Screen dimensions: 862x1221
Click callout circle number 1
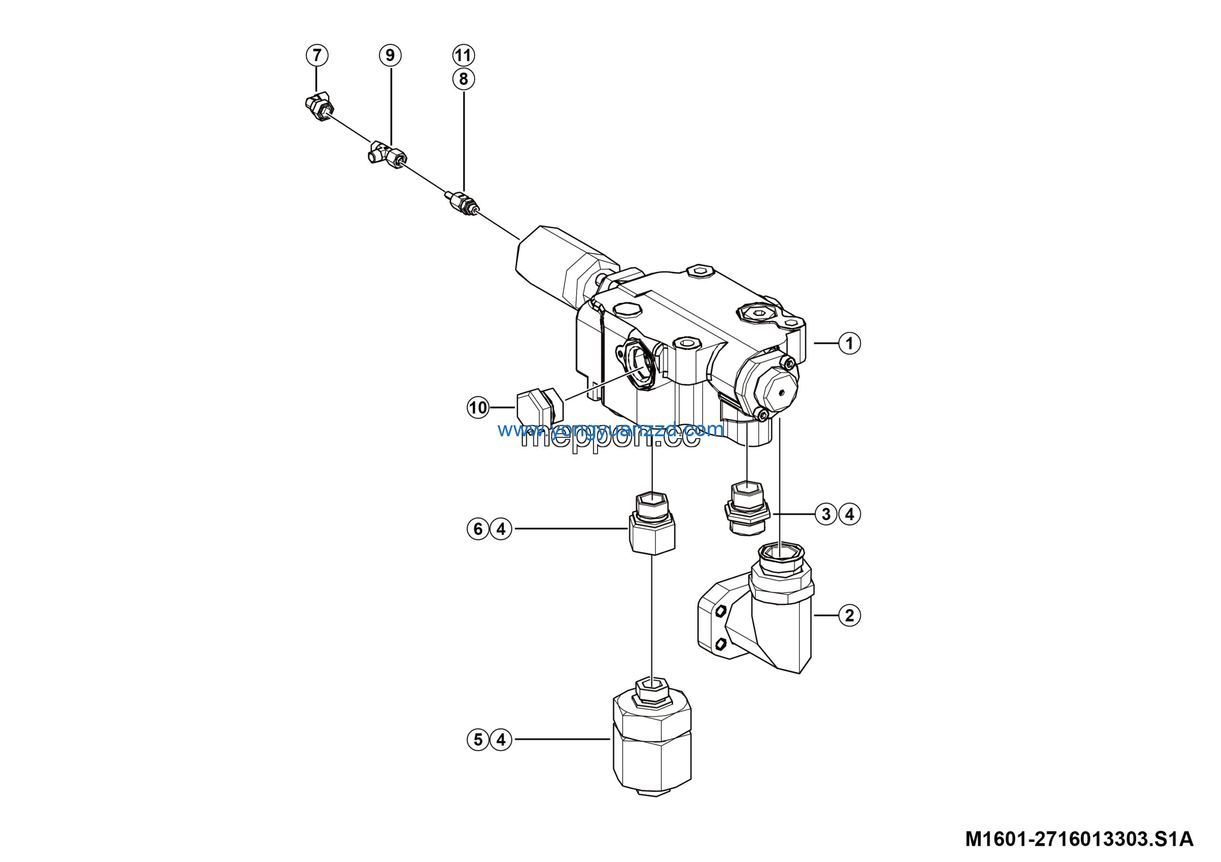click(849, 343)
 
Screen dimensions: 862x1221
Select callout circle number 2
click(849, 616)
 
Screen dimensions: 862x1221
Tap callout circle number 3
click(826, 514)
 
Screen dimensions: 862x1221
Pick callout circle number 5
click(477, 739)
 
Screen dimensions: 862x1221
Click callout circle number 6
click(477, 529)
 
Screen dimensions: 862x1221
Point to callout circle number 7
click(317, 55)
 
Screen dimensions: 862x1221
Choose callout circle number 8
click(463, 79)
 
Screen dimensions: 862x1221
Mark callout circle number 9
click(390, 55)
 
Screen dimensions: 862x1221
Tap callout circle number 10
click(477, 408)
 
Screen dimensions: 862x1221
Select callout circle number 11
click(463, 55)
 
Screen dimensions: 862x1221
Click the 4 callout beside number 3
click(849, 514)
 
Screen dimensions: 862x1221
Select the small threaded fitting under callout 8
click(462, 203)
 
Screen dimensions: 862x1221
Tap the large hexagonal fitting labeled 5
click(652, 744)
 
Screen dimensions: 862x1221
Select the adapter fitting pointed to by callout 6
click(652, 526)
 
